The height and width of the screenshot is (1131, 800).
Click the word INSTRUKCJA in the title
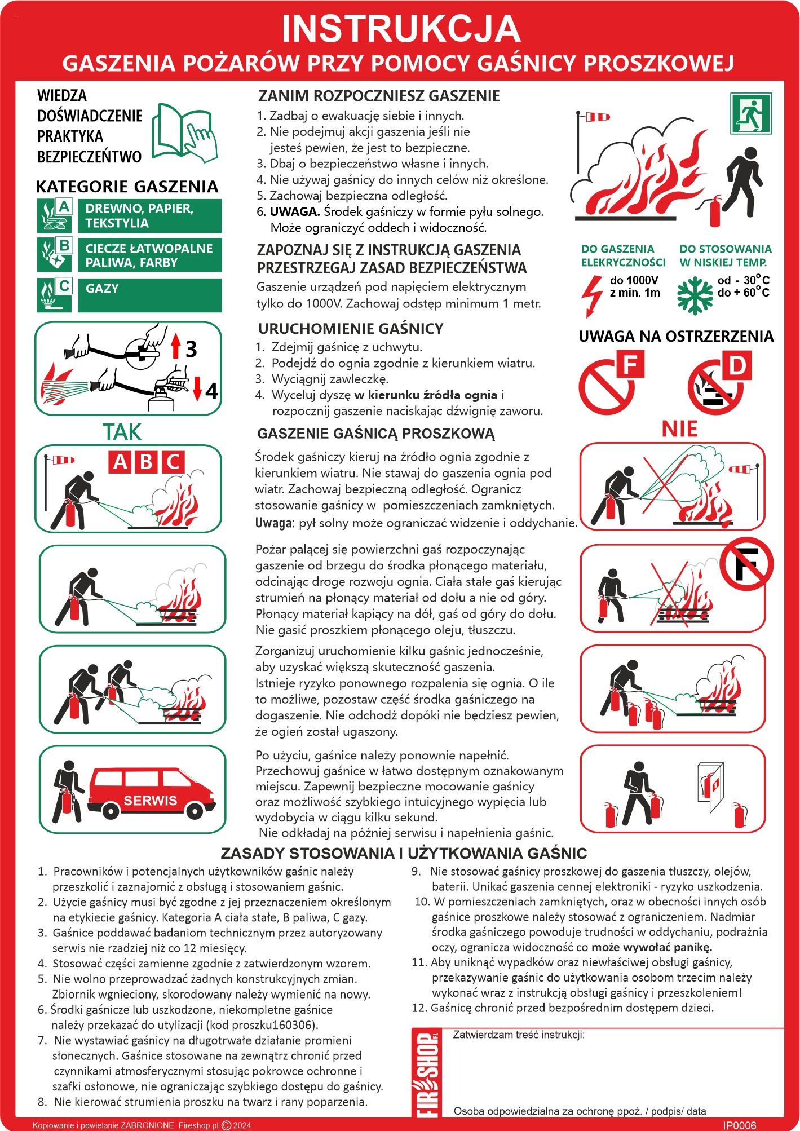pyautogui.click(x=400, y=28)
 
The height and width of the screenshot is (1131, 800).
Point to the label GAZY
pyautogui.click(x=102, y=289)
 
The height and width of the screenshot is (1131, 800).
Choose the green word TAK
pyautogui.click(x=122, y=432)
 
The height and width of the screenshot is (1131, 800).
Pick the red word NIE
pyautogui.click(x=679, y=429)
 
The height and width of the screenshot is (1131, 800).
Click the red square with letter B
pyautogui.click(x=146, y=462)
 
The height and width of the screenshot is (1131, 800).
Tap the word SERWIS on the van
pyautogui.click(x=150, y=801)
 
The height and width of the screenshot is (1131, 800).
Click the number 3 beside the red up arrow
pyautogui.click(x=191, y=349)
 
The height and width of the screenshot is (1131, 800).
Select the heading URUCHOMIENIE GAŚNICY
pyautogui.click(x=351, y=329)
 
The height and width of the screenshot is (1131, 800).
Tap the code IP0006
pyautogui.click(x=740, y=1125)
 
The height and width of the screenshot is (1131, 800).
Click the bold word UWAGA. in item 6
pyautogui.click(x=295, y=212)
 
